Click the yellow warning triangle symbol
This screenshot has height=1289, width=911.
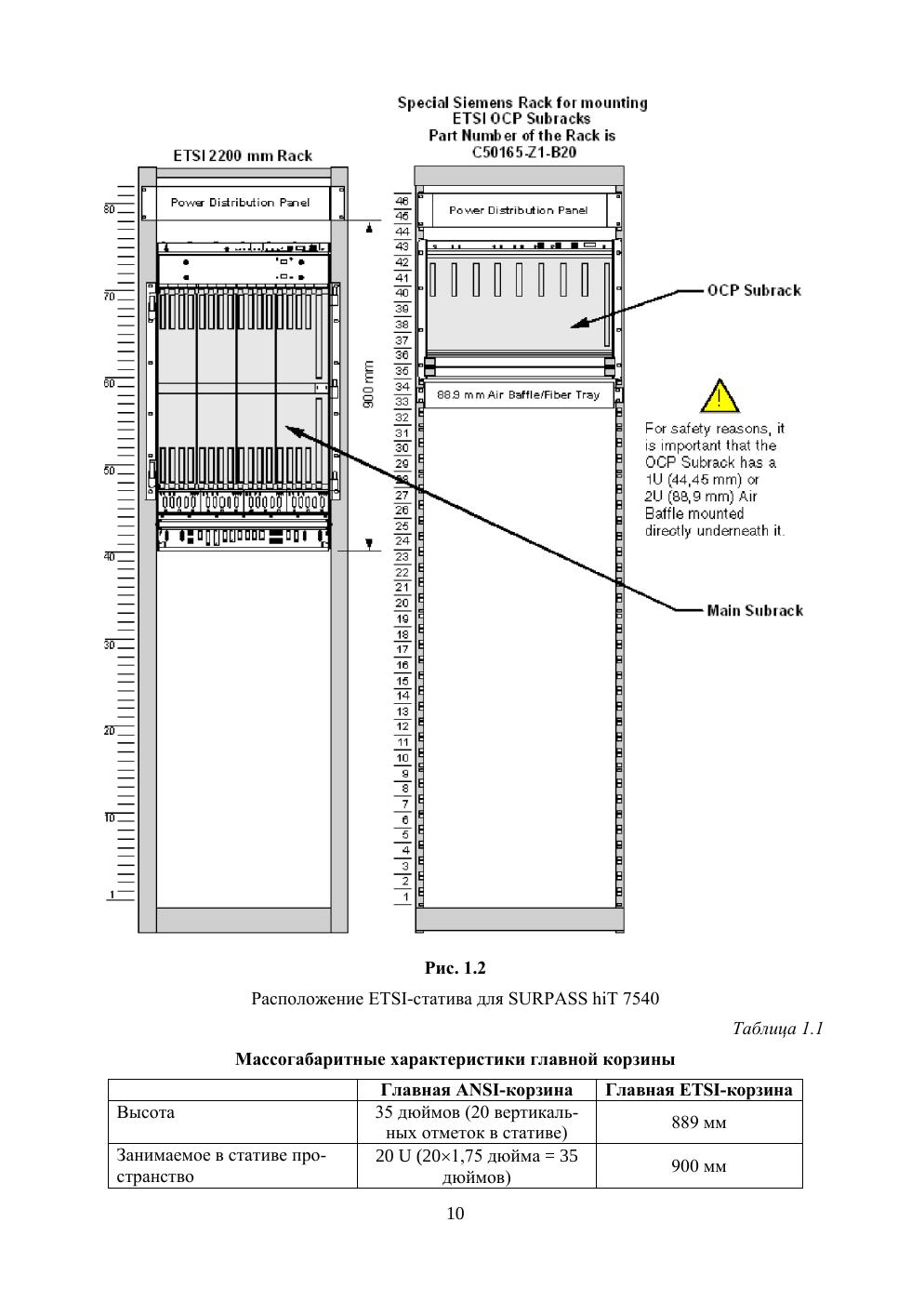click(x=720, y=397)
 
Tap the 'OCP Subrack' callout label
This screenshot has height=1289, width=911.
click(x=753, y=290)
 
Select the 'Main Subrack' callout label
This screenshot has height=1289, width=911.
click(x=754, y=610)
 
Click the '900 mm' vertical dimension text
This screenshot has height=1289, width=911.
click(x=368, y=384)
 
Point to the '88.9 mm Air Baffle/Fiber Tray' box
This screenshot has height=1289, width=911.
click(x=519, y=394)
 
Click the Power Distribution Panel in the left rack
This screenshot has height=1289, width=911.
click(x=241, y=203)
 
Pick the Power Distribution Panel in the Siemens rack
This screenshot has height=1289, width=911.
click(x=518, y=210)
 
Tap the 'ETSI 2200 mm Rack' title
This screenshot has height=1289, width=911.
click(x=243, y=155)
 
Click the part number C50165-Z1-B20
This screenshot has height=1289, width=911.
click(x=523, y=152)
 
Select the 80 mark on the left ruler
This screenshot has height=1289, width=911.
click(x=110, y=209)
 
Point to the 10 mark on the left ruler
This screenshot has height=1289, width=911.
click(x=110, y=817)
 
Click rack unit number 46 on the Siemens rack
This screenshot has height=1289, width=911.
click(x=403, y=201)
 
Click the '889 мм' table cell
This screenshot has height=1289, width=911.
click(x=699, y=1123)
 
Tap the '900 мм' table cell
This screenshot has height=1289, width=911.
click(x=699, y=1166)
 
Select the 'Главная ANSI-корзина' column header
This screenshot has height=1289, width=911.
click(x=477, y=1090)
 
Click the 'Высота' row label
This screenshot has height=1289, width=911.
click(x=146, y=1112)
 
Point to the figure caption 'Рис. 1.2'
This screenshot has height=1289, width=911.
click(x=455, y=968)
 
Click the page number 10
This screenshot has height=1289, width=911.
click(x=455, y=1213)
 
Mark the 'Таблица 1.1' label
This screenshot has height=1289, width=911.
click(x=778, y=1028)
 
